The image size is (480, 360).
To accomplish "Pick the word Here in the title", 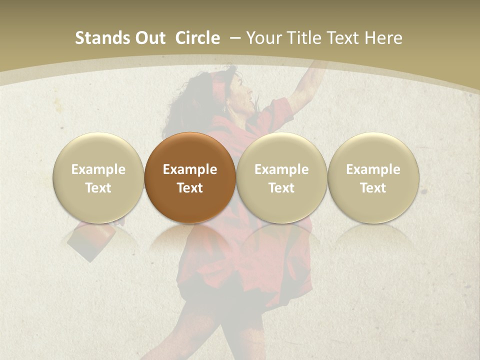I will coord(384,38).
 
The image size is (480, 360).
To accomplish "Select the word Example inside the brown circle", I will coord(190,169).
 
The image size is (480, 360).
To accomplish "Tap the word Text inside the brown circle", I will coord(190,188).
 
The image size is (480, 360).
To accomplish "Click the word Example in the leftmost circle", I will coord(98,169).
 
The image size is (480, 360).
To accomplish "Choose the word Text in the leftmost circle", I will coord(98,188).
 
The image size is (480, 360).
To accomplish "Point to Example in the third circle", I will coord(281,169).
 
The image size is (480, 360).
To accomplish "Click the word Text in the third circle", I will coord(281,188).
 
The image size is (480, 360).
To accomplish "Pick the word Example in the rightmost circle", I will coord(373,169).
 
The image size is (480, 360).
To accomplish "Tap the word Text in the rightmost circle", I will coord(373,188).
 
